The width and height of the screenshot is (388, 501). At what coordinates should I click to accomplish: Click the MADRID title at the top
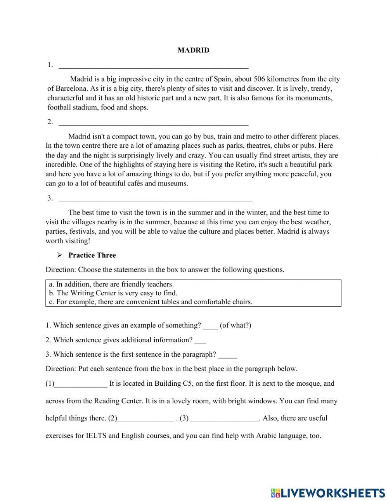click(193, 50)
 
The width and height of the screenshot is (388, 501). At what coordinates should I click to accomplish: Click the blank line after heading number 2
click(153, 122)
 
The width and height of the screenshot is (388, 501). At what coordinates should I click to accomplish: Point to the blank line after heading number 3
click(155, 199)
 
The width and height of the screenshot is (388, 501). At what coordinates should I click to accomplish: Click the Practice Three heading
click(92, 255)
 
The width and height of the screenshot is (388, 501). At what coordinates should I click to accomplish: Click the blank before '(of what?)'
click(211, 326)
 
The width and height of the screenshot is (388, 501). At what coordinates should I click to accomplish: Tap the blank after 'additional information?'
click(200, 341)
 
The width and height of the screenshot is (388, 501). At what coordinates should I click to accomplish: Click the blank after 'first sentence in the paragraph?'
click(227, 355)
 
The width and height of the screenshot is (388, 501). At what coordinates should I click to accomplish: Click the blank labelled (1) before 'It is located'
click(81, 384)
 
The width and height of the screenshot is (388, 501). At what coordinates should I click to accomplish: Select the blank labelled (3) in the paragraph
click(225, 419)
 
